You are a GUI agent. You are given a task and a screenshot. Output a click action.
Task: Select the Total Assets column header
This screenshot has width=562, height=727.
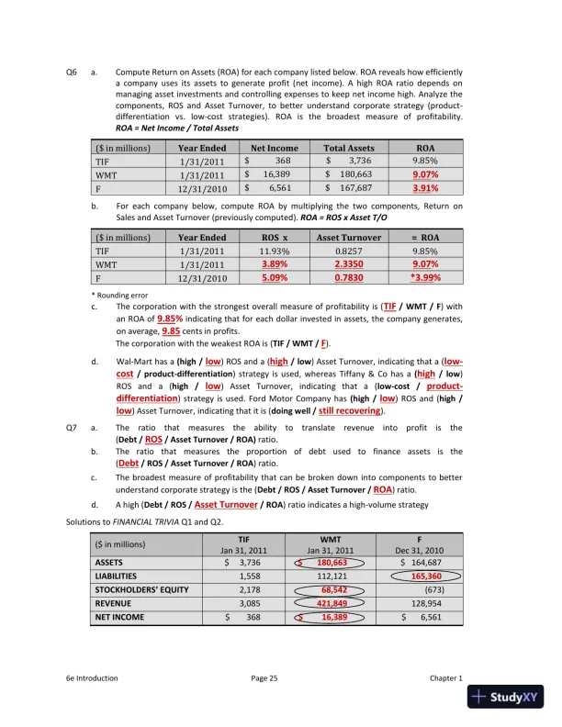tap(349, 147)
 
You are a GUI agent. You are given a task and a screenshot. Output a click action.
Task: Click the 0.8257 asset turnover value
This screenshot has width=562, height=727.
tap(349, 250)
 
